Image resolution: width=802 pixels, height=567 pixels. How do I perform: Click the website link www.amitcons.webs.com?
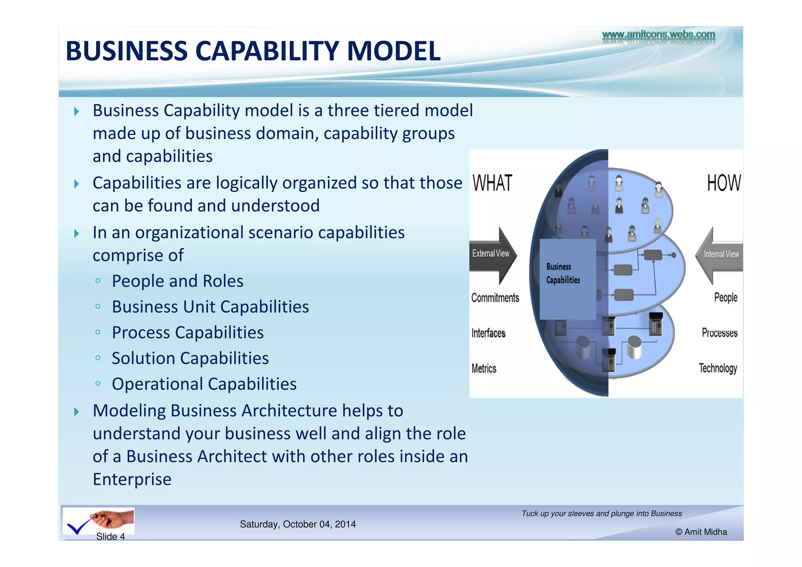[658, 35]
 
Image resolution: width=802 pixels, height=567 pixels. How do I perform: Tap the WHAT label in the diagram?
[492, 183]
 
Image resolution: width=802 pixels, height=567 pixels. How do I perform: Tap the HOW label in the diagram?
[724, 183]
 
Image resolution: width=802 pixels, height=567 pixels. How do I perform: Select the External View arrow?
[493, 255]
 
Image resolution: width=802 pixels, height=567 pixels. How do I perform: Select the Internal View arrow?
[720, 255]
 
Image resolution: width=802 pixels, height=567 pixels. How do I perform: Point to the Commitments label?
[495, 298]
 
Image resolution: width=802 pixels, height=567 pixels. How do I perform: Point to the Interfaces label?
[488, 333]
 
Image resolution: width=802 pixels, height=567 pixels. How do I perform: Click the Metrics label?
[484, 368]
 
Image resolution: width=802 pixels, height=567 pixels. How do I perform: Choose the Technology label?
[718, 368]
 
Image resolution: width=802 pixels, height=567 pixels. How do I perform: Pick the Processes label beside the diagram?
[719, 333]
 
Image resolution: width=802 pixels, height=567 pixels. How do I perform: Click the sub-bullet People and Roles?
[177, 281]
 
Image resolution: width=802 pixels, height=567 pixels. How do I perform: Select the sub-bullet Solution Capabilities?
[190, 358]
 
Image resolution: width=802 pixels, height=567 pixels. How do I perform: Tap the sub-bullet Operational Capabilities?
[204, 384]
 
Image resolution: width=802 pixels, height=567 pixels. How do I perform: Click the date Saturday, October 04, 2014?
[298, 524]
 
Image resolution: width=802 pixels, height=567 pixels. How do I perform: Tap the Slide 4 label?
[110, 536]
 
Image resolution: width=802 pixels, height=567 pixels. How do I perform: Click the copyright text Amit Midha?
[701, 532]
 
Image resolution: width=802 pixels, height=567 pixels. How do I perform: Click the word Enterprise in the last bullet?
[132, 479]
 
